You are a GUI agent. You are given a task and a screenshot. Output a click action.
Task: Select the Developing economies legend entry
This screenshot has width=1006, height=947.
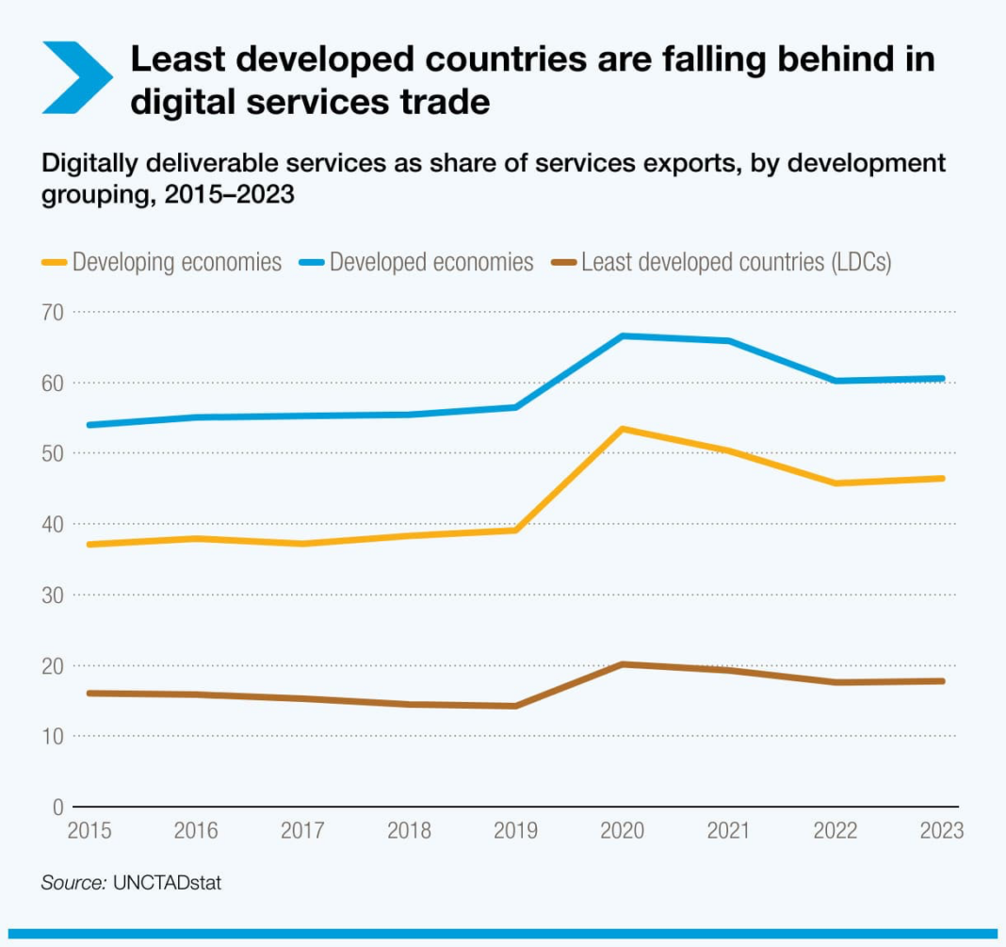(162, 262)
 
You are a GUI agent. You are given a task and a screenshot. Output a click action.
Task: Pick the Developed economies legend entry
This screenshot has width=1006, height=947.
(416, 262)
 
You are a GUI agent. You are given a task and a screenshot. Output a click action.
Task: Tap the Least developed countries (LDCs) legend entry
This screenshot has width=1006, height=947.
(722, 262)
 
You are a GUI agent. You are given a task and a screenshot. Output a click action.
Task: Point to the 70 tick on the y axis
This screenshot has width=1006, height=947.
(53, 313)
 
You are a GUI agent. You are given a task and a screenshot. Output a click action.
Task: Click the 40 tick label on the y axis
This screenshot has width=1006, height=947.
(53, 524)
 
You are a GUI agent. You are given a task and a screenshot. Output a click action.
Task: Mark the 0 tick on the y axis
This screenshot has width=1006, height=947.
(58, 808)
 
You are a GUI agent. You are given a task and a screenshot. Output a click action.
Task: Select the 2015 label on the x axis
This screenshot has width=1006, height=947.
(89, 830)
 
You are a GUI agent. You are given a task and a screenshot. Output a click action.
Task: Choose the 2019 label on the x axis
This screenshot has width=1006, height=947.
(515, 830)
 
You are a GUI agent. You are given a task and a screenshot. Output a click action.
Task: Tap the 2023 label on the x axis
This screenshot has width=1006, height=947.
(942, 830)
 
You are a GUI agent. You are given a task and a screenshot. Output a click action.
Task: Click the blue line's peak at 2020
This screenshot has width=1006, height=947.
(623, 335)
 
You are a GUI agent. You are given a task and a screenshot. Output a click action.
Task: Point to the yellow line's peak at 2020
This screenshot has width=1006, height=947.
(623, 429)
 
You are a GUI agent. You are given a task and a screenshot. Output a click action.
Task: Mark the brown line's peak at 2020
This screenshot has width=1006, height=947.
(623, 664)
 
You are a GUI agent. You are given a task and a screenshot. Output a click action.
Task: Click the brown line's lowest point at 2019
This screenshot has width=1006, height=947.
(515, 707)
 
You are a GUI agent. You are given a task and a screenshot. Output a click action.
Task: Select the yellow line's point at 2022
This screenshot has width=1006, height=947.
(836, 483)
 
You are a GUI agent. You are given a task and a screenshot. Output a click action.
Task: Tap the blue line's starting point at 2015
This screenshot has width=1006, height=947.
(89, 425)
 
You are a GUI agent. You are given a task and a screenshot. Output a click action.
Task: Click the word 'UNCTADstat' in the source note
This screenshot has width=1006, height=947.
(167, 883)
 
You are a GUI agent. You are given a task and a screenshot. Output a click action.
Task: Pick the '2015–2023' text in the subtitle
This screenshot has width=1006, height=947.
(229, 194)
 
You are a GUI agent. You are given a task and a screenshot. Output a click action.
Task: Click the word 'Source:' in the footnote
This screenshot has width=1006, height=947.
(73, 883)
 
